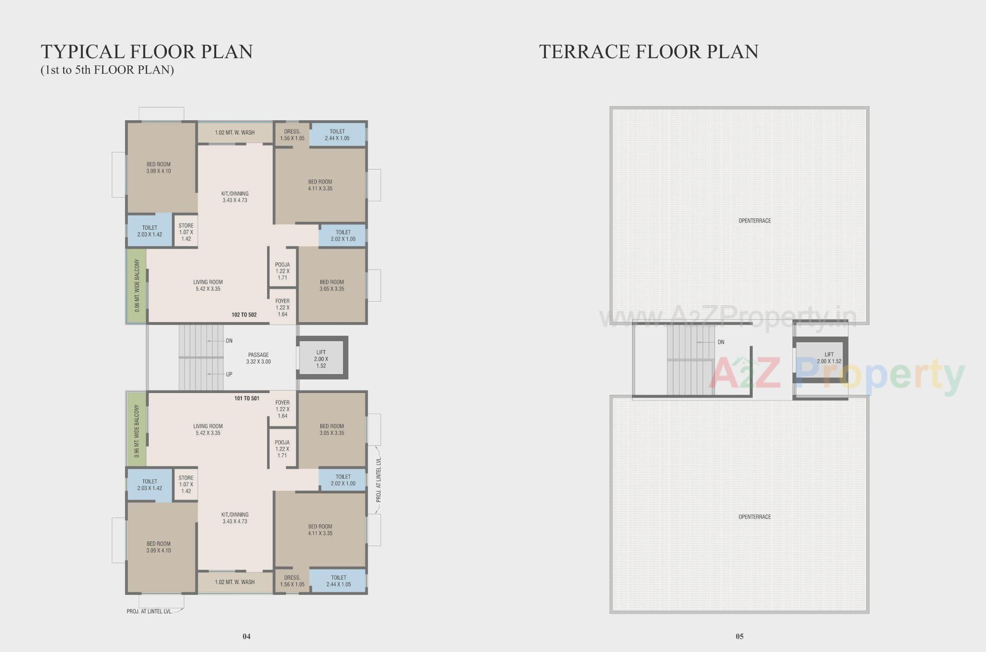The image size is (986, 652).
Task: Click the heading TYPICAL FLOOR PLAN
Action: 146,52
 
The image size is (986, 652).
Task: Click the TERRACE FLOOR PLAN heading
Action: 648,52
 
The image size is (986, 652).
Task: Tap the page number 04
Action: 246,636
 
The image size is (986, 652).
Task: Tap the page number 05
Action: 739,636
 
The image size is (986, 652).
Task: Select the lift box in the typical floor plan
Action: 321,359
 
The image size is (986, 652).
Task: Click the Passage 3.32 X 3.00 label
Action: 258,358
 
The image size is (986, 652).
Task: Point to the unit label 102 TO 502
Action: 244,314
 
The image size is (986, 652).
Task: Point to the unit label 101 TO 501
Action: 246,398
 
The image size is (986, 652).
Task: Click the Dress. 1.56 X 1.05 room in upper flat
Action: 292,135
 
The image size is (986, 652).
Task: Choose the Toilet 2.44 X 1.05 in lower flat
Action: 338,581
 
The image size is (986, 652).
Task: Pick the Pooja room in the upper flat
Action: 282,271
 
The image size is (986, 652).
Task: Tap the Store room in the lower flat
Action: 186,485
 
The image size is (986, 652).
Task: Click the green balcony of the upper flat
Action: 137,286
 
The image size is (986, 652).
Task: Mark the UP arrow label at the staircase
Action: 229,374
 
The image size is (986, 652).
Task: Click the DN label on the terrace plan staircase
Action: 721,342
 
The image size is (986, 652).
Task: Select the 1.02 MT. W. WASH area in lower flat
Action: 235,582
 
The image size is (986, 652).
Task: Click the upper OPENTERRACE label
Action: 754,221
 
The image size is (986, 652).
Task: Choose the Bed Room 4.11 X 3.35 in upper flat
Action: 320,185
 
